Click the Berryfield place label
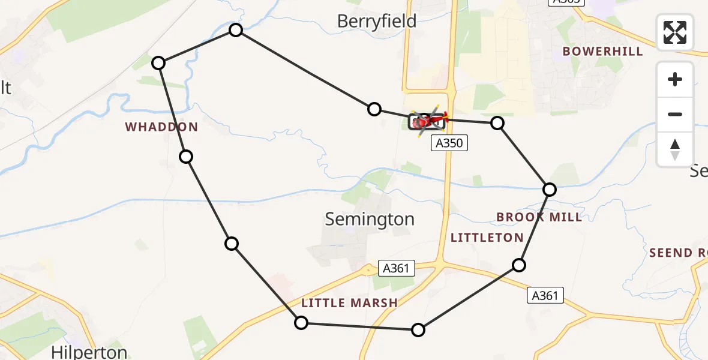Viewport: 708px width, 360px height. (x=376, y=22)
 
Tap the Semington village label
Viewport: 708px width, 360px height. (x=370, y=220)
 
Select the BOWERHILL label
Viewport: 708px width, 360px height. (x=602, y=52)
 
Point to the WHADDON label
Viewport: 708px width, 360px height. (x=161, y=127)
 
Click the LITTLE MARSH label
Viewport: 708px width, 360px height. (x=349, y=304)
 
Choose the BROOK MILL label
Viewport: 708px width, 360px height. (x=539, y=217)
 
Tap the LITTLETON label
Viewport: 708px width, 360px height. (x=487, y=238)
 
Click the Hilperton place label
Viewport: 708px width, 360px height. (x=89, y=352)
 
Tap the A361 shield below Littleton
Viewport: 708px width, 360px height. (x=545, y=295)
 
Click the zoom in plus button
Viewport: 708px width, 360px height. (x=675, y=79)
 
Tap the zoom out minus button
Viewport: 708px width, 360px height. (x=675, y=114)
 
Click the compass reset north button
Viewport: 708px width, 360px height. (x=675, y=149)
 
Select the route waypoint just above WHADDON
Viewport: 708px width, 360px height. (x=158, y=63)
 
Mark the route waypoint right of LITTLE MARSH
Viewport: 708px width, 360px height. (x=418, y=330)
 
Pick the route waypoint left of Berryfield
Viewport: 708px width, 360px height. (x=236, y=30)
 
